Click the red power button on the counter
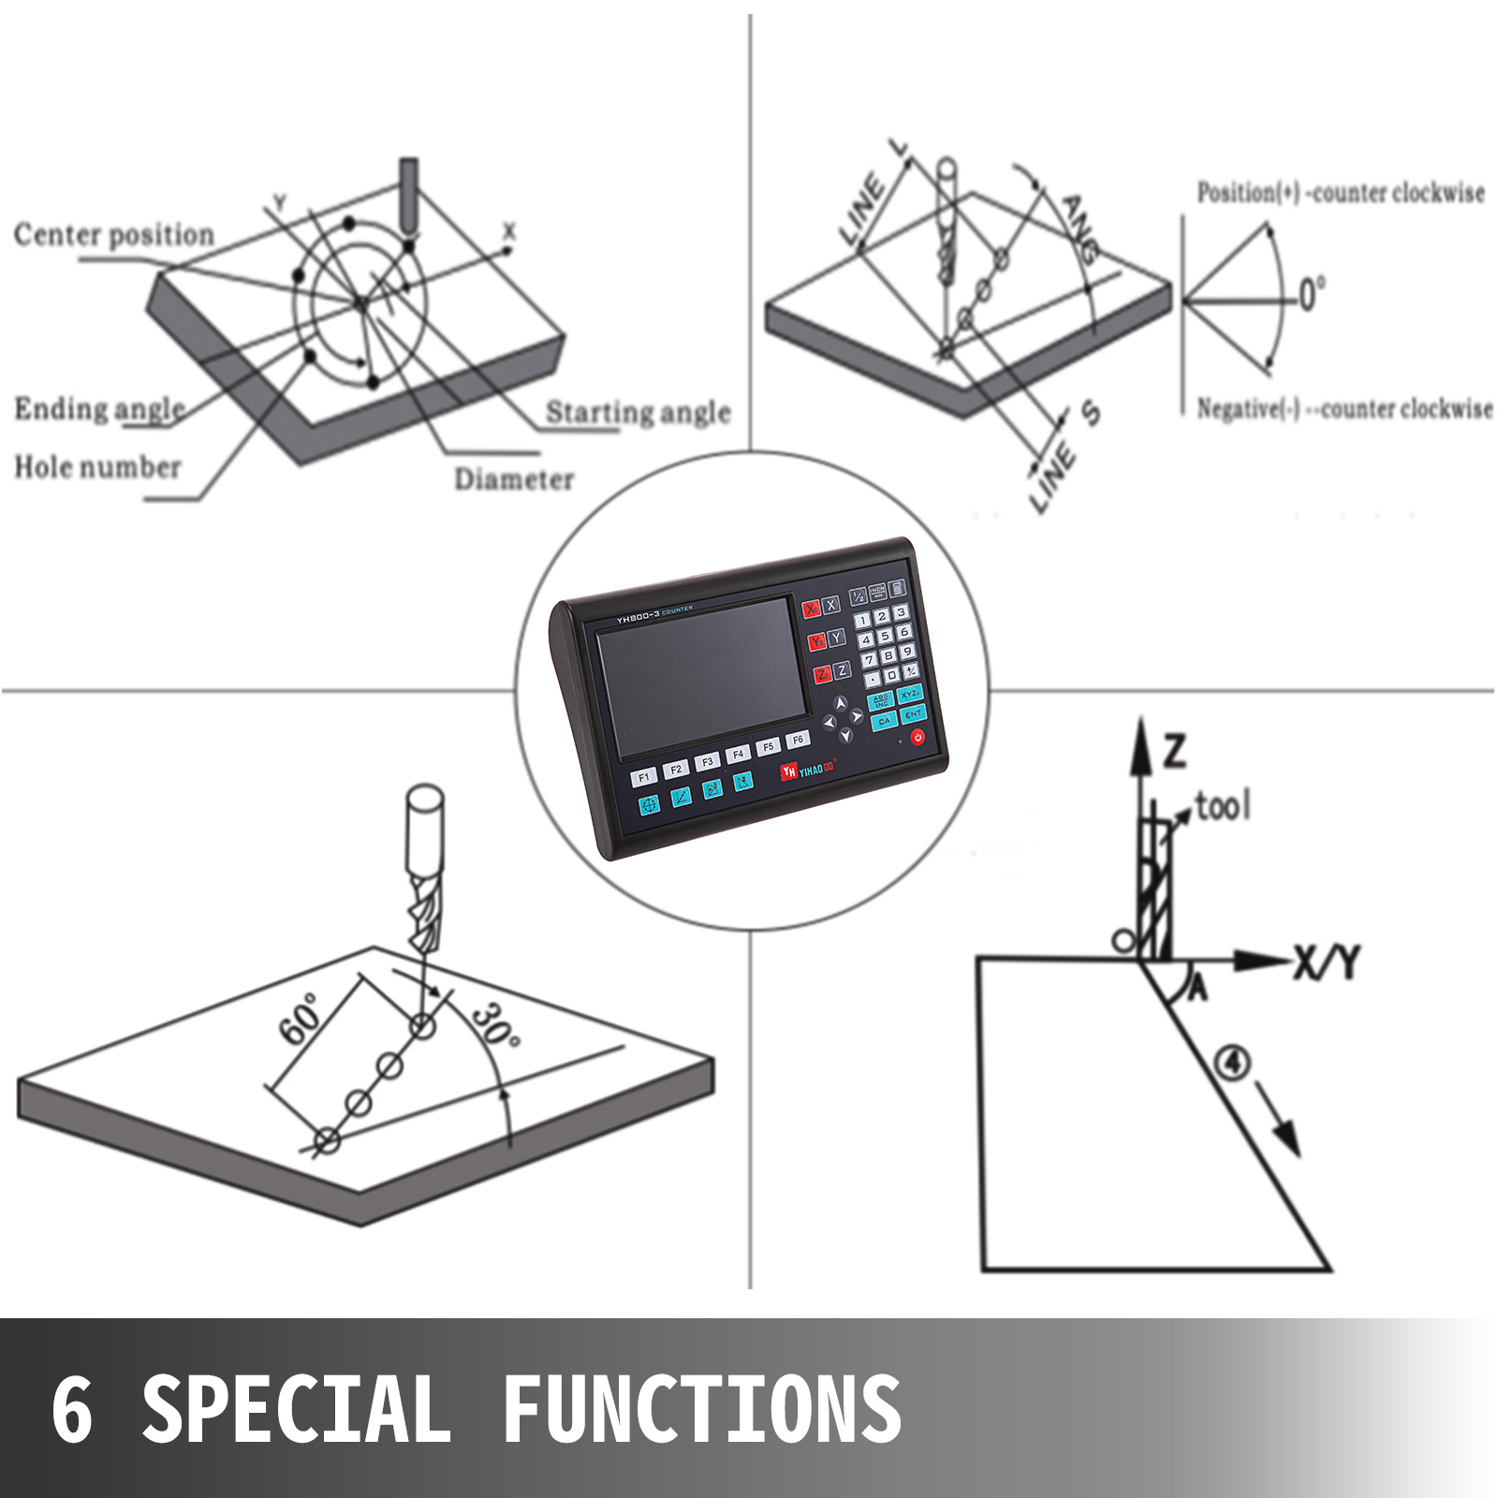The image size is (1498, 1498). (x=917, y=738)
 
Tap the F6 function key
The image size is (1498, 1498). (x=798, y=740)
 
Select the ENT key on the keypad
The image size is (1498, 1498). (x=913, y=715)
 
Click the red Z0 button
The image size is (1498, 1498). (x=821, y=675)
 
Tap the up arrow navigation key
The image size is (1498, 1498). (x=840, y=703)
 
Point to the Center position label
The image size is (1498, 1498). (x=113, y=234)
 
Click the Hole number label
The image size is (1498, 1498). (x=97, y=466)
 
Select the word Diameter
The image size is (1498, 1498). (x=514, y=479)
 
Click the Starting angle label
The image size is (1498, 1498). (x=638, y=412)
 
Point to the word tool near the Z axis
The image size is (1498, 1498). (x=1222, y=806)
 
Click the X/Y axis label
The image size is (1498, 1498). (x=1327, y=962)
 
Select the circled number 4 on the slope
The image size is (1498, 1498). (x=1232, y=1064)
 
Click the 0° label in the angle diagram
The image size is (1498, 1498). (x=1311, y=294)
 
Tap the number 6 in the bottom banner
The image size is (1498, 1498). (x=72, y=1410)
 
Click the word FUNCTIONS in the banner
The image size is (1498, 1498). (x=701, y=1410)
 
